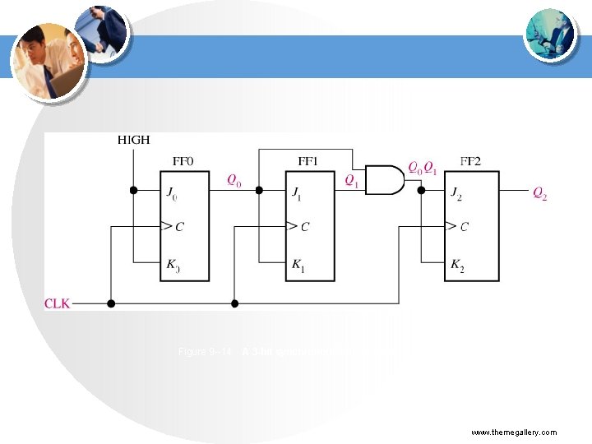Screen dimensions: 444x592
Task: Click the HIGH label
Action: pos(133,141)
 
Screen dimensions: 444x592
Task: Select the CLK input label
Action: pos(58,303)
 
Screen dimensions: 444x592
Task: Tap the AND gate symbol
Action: pos(384,179)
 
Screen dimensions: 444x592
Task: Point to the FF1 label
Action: pos(309,161)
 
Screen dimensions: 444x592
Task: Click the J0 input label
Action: pos(172,194)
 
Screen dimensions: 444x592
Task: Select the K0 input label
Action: pos(172,266)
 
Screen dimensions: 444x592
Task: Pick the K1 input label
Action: pos(298,266)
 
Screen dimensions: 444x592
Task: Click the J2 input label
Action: pos(456,194)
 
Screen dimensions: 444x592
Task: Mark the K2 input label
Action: pos(457,266)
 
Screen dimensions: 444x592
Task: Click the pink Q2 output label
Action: pos(539,194)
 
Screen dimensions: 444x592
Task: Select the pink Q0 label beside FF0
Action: pos(234,179)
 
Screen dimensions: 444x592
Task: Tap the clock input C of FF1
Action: pos(304,226)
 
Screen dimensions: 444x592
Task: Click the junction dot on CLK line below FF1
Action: pos(234,303)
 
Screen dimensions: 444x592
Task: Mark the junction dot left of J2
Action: pos(420,190)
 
